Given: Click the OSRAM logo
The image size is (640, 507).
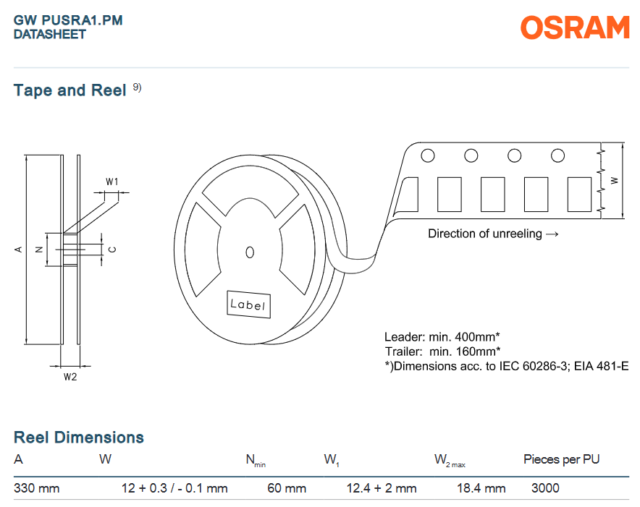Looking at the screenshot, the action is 575,27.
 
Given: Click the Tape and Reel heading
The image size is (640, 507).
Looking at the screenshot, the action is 70,90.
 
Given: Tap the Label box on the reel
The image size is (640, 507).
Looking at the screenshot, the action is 248,304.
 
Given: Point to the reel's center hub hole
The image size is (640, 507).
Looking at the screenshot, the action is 250,252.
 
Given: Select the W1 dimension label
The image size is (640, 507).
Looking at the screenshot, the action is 111,182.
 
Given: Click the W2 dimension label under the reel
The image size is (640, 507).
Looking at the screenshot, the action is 70,377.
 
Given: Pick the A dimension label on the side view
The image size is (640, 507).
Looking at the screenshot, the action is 18,250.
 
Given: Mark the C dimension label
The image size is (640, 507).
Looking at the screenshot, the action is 113,250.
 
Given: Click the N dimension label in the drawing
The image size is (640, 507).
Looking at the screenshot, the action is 39,250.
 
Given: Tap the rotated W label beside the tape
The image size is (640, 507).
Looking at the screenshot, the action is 614,180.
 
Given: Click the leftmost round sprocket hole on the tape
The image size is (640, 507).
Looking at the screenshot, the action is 428,155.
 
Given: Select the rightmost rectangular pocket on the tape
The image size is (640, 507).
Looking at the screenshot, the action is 580,194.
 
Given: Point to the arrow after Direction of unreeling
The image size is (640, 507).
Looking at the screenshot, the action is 552,234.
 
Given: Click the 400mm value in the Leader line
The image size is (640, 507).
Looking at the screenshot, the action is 476,337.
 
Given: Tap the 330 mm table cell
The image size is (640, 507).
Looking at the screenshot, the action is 37,488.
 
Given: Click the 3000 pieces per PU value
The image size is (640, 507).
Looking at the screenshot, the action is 545,488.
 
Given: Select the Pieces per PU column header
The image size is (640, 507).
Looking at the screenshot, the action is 562,460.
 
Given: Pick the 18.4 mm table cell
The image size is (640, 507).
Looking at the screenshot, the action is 481,488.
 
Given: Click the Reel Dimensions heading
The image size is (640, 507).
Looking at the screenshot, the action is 79,438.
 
